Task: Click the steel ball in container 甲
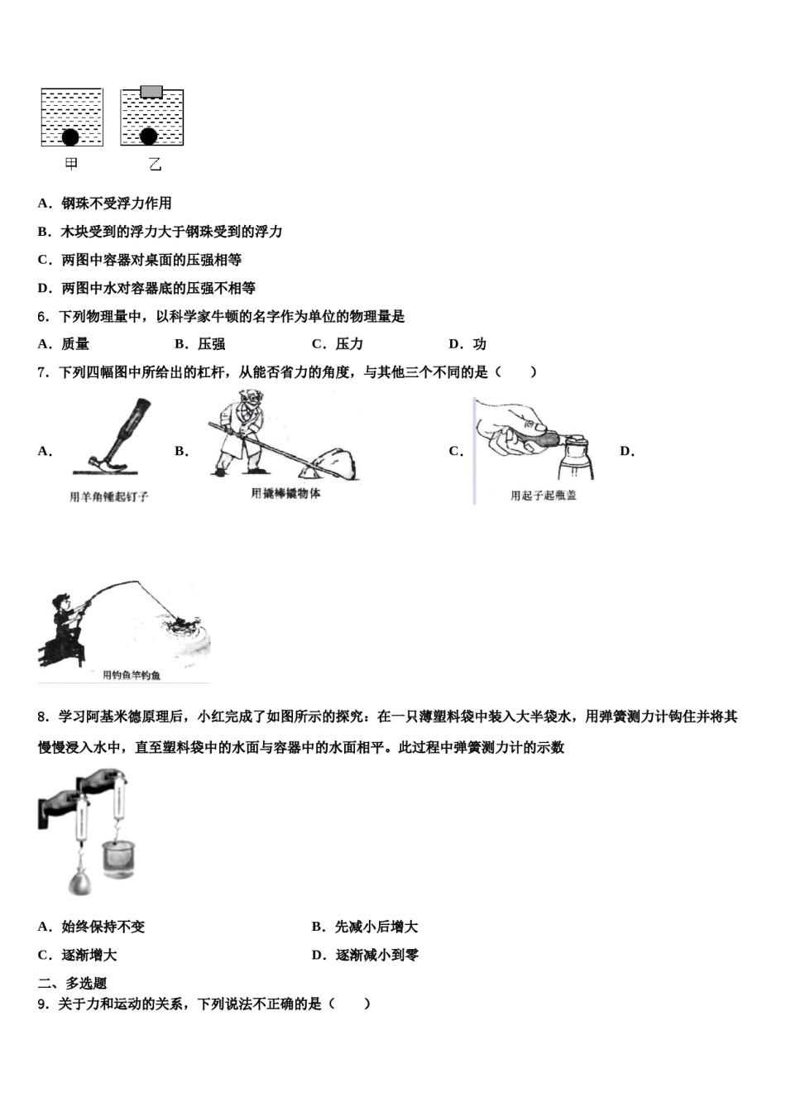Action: pyautogui.click(x=70, y=137)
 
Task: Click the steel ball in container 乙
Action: pyautogui.click(x=149, y=137)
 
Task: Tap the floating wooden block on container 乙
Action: pyautogui.click(x=151, y=91)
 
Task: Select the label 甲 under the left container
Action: pyautogui.click(x=71, y=164)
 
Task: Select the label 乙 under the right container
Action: pyautogui.click(x=155, y=165)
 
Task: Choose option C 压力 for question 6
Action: pyautogui.click(x=338, y=344)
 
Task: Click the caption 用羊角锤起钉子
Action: pyautogui.click(x=109, y=497)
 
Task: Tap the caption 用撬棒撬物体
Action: pyautogui.click(x=285, y=494)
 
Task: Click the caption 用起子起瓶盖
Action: pyautogui.click(x=543, y=496)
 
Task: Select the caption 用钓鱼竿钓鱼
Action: pyautogui.click(x=132, y=675)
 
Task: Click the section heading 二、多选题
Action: pyautogui.click(x=73, y=983)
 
